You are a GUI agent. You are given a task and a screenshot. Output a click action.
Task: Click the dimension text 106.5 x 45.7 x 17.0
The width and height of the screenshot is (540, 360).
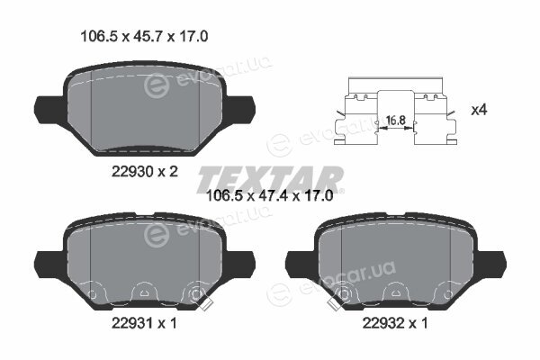point(144,36)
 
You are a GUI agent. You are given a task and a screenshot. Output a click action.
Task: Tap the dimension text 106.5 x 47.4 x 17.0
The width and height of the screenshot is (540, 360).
point(269,196)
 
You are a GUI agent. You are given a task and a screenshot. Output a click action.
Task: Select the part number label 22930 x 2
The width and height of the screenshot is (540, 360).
point(145,171)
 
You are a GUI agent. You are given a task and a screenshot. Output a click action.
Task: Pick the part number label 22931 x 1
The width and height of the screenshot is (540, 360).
point(144,323)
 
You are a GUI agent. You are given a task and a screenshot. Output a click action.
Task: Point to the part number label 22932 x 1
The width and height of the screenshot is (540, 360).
point(395,323)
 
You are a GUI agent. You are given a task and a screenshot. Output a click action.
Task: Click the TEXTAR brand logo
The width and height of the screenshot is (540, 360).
point(270,179)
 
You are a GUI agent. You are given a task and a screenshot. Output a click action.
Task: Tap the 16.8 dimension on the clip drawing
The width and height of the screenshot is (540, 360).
point(395,121)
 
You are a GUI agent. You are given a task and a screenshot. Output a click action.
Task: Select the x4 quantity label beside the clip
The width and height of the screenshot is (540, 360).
point(479,110)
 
